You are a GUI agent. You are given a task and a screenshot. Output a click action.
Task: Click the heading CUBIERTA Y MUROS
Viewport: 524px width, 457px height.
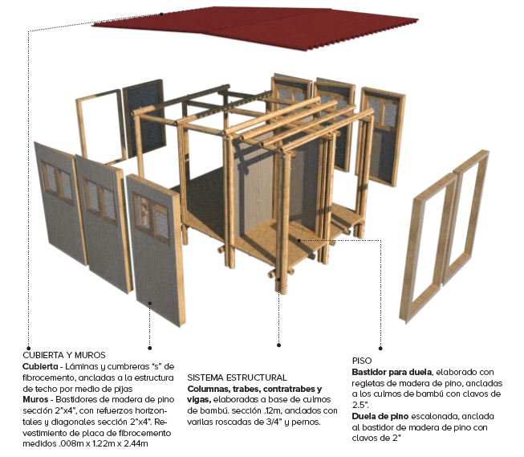[64, 355]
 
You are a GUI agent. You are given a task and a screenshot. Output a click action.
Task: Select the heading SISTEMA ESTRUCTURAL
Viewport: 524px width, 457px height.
[237, 377]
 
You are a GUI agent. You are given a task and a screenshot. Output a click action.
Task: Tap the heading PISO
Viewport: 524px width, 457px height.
[362, 361]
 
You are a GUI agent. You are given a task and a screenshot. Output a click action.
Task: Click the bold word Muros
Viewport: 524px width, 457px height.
[35, 399]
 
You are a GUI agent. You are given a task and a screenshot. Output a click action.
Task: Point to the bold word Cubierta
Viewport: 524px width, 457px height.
[40, 366]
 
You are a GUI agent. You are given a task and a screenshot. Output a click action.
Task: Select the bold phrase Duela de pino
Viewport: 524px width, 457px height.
[380, 417]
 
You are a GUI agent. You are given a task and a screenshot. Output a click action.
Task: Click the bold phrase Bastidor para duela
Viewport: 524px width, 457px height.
[392, 372]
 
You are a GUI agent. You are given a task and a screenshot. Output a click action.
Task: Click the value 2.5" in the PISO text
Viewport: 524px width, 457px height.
[360, 405]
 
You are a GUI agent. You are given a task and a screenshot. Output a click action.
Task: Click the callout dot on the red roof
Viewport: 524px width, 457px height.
[161, 14]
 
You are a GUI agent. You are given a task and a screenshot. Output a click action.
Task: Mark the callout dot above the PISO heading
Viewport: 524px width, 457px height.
[380, 349]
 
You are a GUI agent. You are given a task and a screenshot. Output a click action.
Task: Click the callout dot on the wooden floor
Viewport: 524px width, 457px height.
[299, 240]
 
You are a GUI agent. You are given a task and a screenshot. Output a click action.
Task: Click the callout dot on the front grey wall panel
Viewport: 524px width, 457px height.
[150, 303]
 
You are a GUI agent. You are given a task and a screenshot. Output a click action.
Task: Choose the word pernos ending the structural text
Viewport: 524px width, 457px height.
[306, 422]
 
